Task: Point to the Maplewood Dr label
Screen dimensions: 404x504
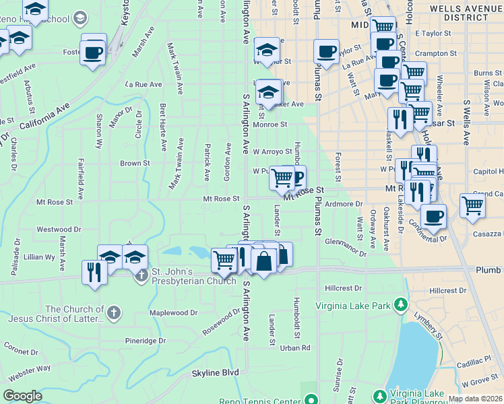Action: tap(173, 312)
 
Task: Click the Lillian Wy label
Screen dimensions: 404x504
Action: tap(39, 257)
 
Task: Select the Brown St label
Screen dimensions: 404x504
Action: tap(135, 163)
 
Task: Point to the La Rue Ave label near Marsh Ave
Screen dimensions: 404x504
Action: tap(144, 84)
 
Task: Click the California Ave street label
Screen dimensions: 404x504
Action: tap(44, 116)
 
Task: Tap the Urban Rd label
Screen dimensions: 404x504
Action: tap(295, 347)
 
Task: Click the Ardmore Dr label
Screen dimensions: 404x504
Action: tap(344, 203)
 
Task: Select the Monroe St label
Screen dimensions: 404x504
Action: tap(270, 124)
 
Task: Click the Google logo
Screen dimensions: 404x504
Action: tap(23, 396)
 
